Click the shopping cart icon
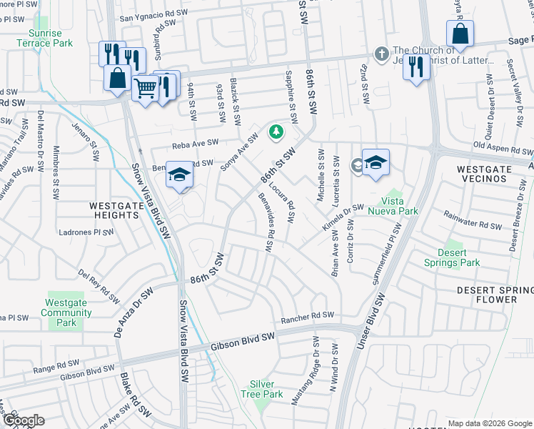coord(145,89)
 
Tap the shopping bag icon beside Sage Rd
coord(460,33)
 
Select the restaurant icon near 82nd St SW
coord(416,67)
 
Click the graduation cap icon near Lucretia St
coord(376,162)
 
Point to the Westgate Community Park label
coord(66,312)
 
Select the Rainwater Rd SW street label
coord(473,224)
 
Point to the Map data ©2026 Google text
coord(489,423)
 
